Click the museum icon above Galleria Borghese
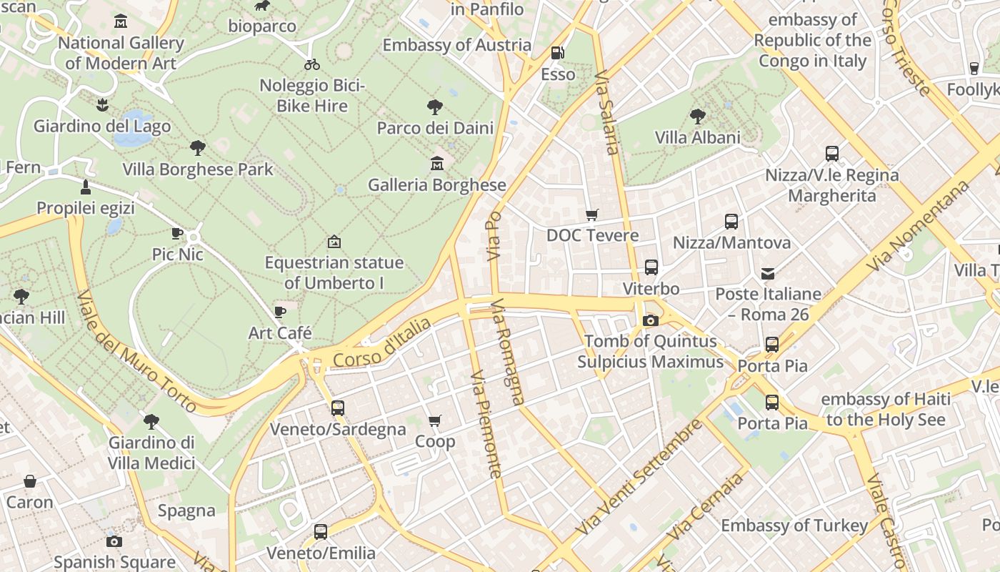tap(436, 164)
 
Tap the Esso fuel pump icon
tap(556, 53)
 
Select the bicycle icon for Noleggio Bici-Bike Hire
tap(312, 64)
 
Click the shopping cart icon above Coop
tap(434, 420)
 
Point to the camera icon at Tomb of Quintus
tap(650, 320)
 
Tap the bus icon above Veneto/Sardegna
tap(337, 408)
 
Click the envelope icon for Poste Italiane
tap(768, 273)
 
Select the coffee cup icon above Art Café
tap(280, 312)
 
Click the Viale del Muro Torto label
tap(136, 351)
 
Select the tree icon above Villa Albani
tap(697, 116)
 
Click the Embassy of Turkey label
tap(794, 526)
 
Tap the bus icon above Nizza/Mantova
tap(731, 222)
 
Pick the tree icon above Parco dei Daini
tap(434, 107)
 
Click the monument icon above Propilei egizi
tap(86, 187)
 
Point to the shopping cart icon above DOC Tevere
tap(591, 214)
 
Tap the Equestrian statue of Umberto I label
tap(334, 272)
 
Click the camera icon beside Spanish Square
tap(114, 541)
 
